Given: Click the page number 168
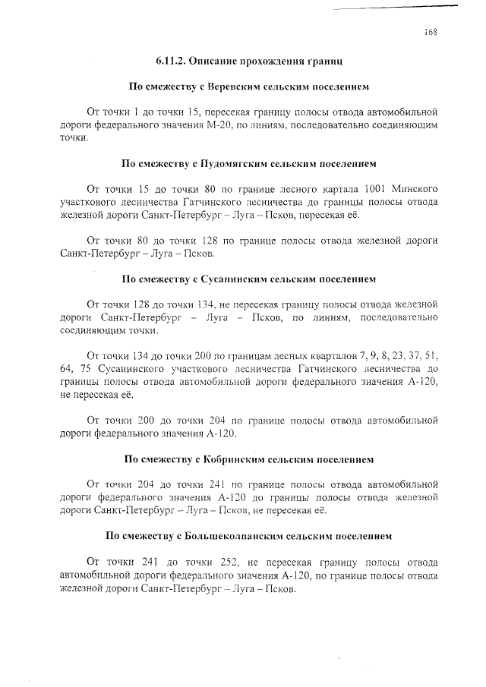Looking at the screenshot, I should click(x=431, y=32).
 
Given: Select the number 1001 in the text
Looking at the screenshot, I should click(x=377, y=188).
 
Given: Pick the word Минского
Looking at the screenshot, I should click(x=416, y=188).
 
